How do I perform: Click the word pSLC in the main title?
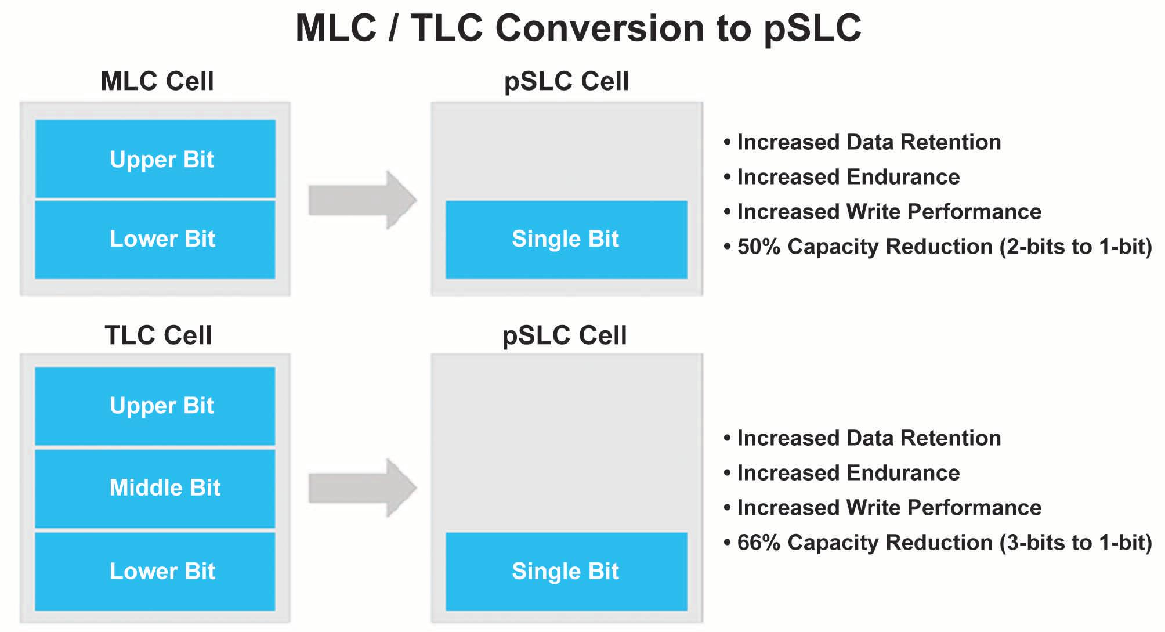coord(812,28)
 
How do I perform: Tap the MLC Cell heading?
coord(157,81)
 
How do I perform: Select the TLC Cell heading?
coord(158,335)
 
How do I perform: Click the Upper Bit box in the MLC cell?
coord(155,158)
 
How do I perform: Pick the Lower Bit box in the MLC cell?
coord(155,239)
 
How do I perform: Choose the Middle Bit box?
coord(155,488)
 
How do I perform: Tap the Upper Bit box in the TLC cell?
coord(155,406)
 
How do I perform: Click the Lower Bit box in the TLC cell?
coord(155,572)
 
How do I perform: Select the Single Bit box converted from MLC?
coord(566,239)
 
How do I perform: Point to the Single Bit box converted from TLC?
coord(566,572)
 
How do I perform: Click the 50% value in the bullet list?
coord(758,247)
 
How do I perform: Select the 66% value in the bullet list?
coord(758,543)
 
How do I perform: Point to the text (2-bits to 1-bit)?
coord(1076,247)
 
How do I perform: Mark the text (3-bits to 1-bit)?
coord(1076,543)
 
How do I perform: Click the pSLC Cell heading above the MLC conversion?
coord(566,81)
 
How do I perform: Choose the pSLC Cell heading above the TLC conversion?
coord(565,335)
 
